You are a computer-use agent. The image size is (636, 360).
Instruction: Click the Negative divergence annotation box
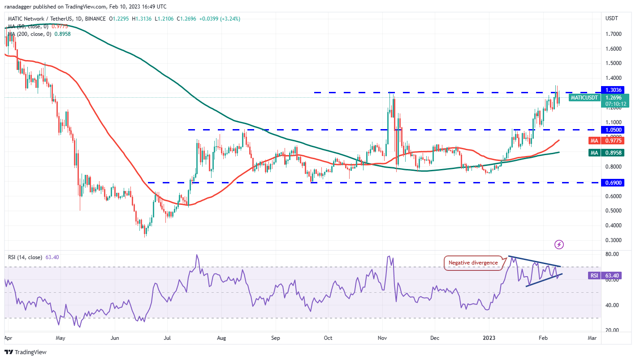pos(473,263)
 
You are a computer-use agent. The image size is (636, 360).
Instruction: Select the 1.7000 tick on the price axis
pos(612,34)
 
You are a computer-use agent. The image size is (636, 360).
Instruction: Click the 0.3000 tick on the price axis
pos(612,240)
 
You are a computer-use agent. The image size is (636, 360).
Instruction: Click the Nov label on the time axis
pos(383,338)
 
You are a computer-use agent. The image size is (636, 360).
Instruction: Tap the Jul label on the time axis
pos(168,338)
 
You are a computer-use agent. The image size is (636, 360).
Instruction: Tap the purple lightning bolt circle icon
pos(559,244)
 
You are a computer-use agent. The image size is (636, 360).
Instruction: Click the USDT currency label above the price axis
pos(611,18)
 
